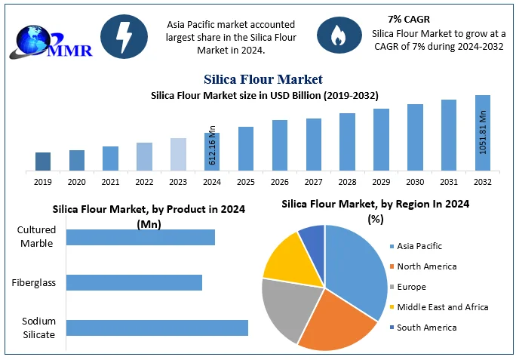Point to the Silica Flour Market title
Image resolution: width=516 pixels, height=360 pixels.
coord(263,79)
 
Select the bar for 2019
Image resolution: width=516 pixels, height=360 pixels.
coord(43,161)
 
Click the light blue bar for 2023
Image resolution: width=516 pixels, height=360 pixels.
coord(178,154)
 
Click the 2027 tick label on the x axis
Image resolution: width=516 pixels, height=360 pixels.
coord(314,182)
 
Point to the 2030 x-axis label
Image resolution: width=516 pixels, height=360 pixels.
coord(415,182)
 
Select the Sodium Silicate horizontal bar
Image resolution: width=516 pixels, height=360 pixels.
coord(157,328)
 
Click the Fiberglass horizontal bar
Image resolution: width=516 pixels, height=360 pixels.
coord(134,282)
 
